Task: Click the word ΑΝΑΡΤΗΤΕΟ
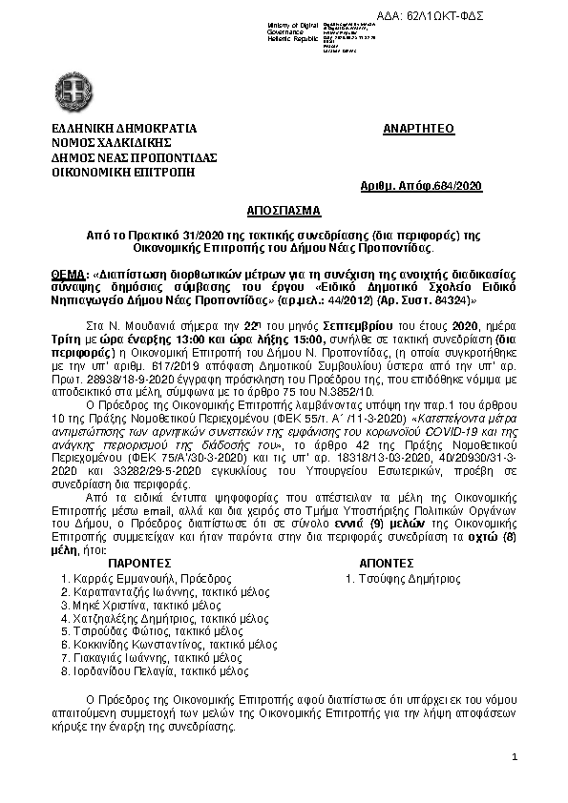click(x=418, y=128)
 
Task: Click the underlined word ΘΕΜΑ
click(x=68, y=273)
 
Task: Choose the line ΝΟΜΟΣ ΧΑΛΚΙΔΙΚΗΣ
click(x=108, y=142)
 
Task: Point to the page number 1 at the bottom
click(x=514, y=756)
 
